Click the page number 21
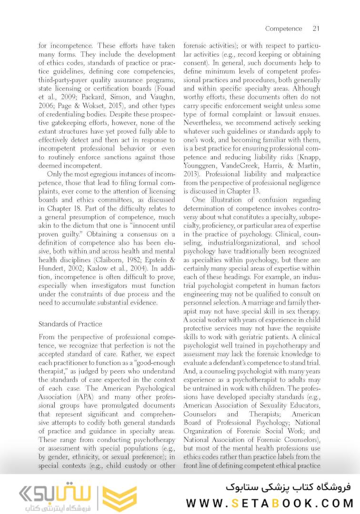[x=316, y=29]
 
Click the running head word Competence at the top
[x=284, y=29]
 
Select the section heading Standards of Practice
[x=70, y=324]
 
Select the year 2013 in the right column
[x=192, y=174]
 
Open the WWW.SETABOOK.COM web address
[x=270, y=503]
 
